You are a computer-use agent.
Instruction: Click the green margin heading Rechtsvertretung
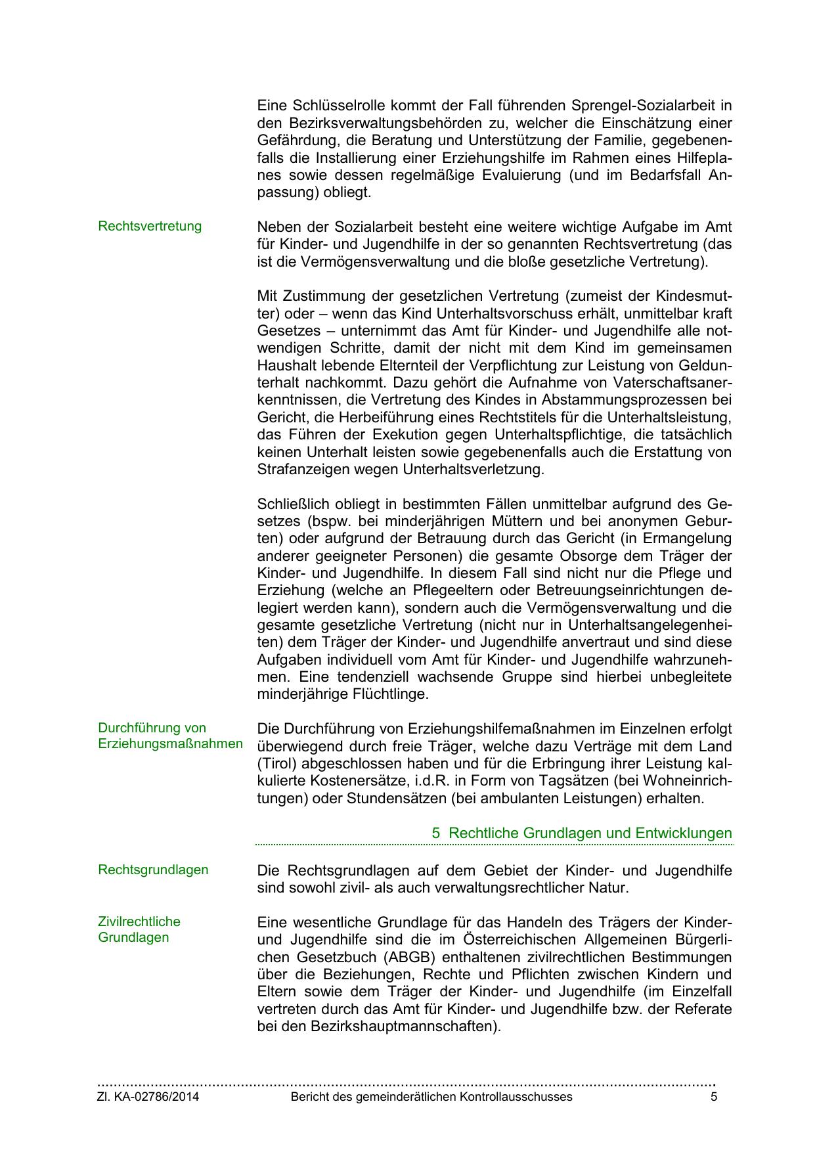click(x=150, y=227)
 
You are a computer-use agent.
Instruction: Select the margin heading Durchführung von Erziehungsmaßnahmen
click(x=169, y=736)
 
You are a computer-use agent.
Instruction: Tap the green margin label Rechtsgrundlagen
click(x=153, y=870)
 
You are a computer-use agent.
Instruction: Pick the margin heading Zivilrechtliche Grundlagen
click(x=139, y=929)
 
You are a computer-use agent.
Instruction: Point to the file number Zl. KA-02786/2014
click(x=148, y=1097)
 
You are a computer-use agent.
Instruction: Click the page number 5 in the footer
click(x=713, y=1097)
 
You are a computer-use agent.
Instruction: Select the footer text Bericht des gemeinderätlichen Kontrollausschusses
click(x=431, y=1097)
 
